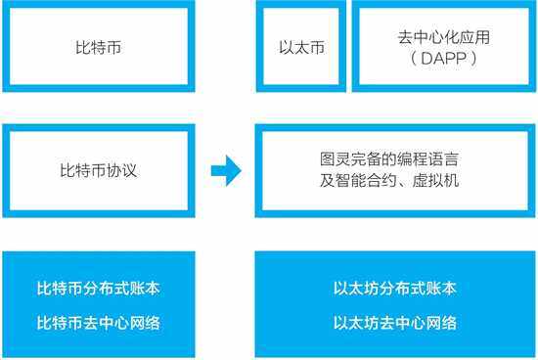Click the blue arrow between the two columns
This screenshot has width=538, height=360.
point(226,170)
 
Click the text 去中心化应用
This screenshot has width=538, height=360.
point(444,37)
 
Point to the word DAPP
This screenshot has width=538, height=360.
point(444,59)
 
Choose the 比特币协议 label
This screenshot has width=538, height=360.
point(99,170)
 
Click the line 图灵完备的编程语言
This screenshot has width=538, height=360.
point(389,158)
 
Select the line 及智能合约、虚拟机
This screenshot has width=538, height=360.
point(389,180)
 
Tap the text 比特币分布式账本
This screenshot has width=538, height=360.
point(99,288)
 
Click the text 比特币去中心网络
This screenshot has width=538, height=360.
point(99,323)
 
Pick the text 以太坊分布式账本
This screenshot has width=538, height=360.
point(395,288)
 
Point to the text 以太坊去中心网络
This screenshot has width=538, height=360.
point(395,323)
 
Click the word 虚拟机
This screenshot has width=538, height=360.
point(435,180)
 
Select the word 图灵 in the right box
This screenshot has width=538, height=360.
point(336,158)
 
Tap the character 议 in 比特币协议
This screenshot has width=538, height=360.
point(129,170)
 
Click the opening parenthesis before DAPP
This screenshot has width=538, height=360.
point(414,59)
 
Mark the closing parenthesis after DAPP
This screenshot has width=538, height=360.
point(474,59)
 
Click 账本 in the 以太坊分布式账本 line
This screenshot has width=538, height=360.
point(441,288)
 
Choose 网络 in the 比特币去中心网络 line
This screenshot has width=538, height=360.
point(145,323)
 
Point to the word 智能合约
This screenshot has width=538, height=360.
point(366,180)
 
